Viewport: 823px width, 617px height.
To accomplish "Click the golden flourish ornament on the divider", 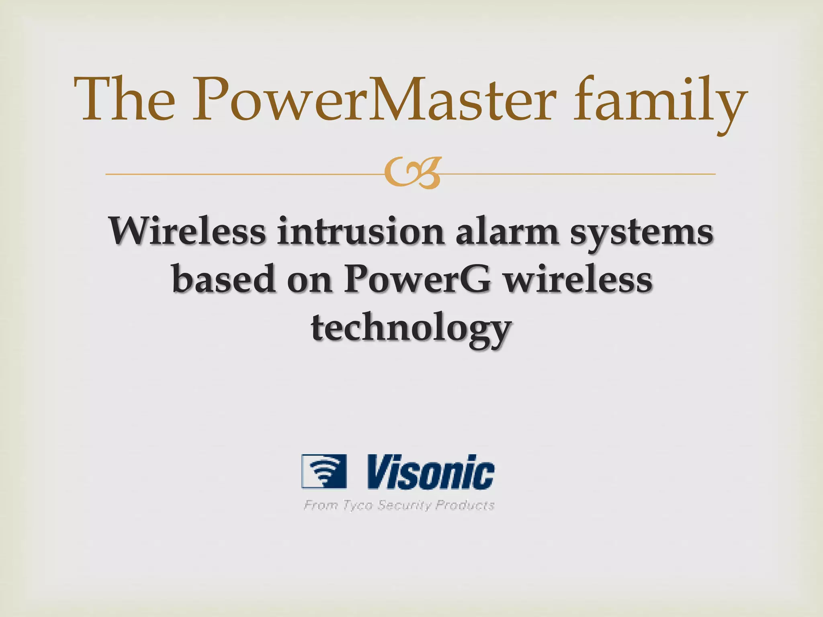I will click(412, 173).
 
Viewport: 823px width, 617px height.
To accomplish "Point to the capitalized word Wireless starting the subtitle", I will click(187, 231).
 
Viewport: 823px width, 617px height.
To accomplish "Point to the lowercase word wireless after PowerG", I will click(578, 279).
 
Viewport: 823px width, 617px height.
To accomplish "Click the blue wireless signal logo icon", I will click(324, 471).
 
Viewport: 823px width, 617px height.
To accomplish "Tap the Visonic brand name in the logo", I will click(431, 472).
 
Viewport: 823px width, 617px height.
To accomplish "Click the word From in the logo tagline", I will click(320, 505).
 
